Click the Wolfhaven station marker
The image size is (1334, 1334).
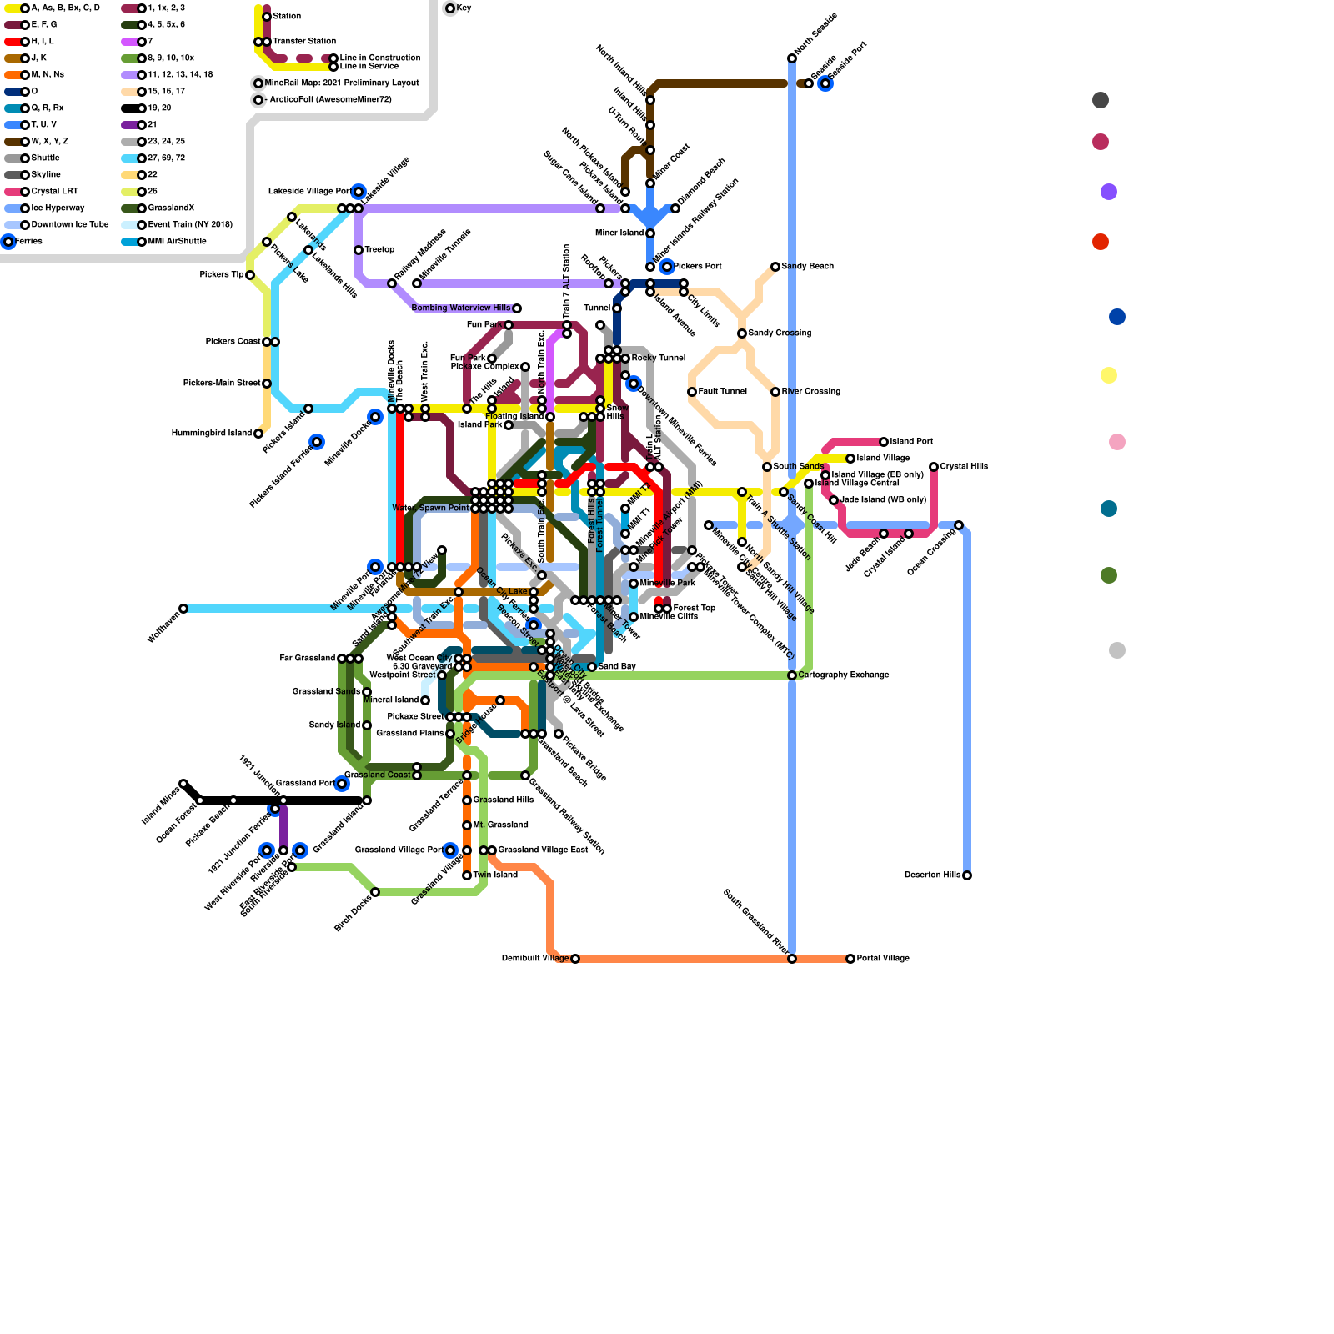click(x=183, y=609)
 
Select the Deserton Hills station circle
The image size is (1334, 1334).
click(x=967, y=875)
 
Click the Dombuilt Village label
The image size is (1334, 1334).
click(x=535, y=959)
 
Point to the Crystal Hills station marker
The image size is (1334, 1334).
click(x=934, y=467)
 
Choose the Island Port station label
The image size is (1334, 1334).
click(x=911, y=442)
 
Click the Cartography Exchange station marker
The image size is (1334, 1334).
click(x=792, y=675)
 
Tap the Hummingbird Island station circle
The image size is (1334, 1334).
click(x=258, y=434)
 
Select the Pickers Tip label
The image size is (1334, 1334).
click(x=222, y=275)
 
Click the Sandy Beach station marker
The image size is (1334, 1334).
click(x=775, y=267)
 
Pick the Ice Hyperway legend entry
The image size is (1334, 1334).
click(x=58, y=208)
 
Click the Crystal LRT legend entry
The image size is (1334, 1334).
click(x=54, y=192)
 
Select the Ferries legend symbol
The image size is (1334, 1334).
click(x=8, y=242)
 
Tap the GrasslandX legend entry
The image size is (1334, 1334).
click(x=171, y=208)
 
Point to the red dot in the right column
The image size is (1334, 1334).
click(x=1101, y=242)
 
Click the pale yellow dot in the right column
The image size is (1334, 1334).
click(x=1109, y=375)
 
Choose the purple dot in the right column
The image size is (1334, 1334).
click(x=1109, y=192)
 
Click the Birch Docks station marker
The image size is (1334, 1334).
click(x=375, y=892)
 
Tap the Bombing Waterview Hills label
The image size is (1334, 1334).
click(x=461, y=308)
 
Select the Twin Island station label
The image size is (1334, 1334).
click(x=495, y=875)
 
